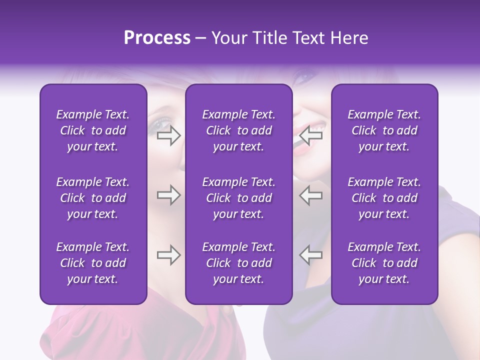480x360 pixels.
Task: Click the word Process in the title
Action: point(157,38)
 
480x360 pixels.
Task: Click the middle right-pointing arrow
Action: point(169,195)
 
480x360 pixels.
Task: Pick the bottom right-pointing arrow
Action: point(169,255)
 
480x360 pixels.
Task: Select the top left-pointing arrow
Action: point(311,135)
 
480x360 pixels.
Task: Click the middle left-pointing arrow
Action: point(311,195)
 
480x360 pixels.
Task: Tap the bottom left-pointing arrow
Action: point(311,254)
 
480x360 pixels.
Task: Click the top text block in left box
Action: point(93,130)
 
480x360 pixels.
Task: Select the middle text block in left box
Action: point(93,198)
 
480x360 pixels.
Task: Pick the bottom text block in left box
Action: point(93,263)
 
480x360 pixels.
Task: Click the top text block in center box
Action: point(238,130)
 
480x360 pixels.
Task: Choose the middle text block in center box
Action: point(238,198)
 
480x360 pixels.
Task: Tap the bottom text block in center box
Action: point(238,263)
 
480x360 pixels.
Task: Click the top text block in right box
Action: point(384,130)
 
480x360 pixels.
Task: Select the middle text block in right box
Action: point(384,198)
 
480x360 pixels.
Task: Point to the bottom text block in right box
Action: point(384,263)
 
